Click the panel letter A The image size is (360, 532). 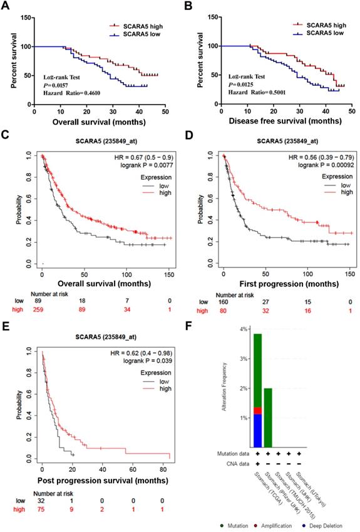coord(6,6)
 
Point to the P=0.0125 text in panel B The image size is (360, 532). coord(232,84)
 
